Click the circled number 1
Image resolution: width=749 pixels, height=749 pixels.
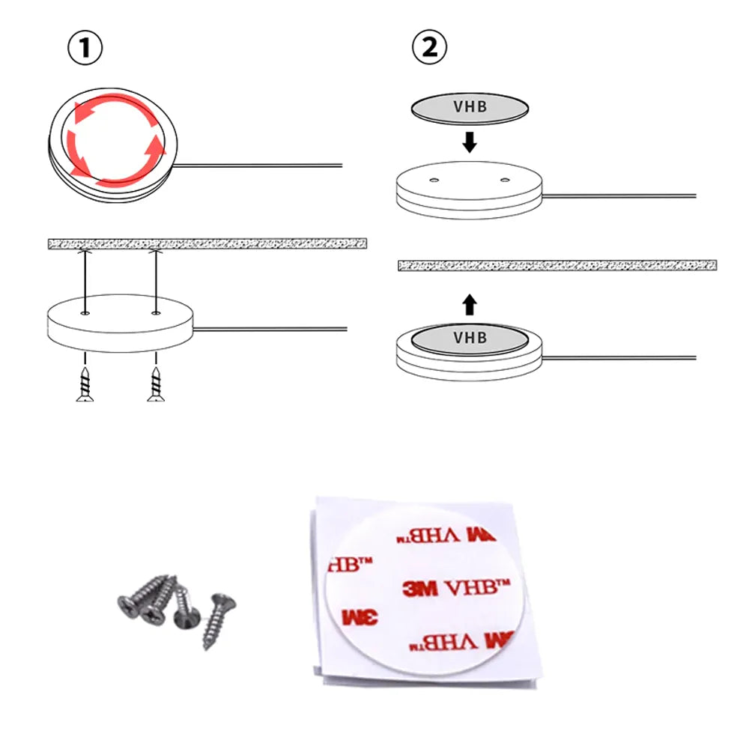point(85,48)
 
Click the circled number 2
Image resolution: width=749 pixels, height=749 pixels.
point(429,47)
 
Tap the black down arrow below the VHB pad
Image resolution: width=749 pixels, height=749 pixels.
point(470,142)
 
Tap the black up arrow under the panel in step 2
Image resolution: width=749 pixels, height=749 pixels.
point(470,305)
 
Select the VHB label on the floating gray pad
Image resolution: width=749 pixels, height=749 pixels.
point(470,106)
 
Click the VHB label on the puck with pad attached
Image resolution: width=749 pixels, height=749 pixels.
point(470,338)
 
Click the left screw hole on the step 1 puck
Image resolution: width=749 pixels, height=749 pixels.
point(85,313)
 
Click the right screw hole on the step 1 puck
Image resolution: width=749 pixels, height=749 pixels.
point(156,313)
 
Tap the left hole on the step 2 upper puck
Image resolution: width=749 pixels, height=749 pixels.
point(434,180)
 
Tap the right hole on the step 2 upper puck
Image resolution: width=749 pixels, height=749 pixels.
point(505,180)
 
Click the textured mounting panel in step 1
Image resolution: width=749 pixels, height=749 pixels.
point(207,243)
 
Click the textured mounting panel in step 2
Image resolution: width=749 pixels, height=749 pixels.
point(557,265)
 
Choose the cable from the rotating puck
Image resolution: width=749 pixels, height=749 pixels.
point(258,166)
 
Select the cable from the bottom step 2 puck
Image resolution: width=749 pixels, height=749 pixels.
point(619,357)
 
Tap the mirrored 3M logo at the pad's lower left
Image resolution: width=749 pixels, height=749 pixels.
point(360,617)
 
